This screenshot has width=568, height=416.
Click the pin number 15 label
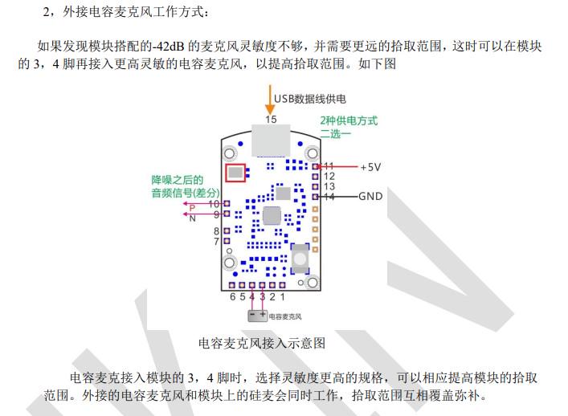tap(271, 119)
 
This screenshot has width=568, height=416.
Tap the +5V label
tap(370, 167)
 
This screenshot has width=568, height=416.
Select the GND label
tap(370, 196)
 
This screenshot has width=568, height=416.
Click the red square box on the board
tap(235, 172)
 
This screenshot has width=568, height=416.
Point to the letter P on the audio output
tap(192, 208)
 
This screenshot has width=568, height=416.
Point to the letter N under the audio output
tap(192, 218)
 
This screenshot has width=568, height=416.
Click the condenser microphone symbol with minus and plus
tap(257, 316)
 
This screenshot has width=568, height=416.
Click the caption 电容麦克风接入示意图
tap(262, 343)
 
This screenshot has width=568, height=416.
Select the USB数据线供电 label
tap(310, 99)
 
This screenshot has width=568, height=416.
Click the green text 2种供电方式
tap(349, 120)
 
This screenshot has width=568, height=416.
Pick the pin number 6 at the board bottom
tap(233, 296)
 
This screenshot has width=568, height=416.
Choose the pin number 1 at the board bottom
tap(283, 296)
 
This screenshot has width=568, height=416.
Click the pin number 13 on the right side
tap(329, 186)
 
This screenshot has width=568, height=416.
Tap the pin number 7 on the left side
tap(216, 241)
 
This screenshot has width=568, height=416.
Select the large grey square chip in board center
tap(272, 215)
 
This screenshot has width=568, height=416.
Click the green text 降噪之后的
tap(178, 180)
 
